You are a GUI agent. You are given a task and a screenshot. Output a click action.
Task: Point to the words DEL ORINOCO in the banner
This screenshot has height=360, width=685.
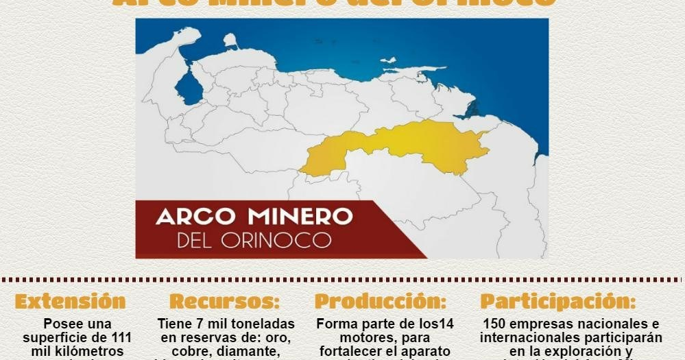pyautogui.click(x=254, y=241)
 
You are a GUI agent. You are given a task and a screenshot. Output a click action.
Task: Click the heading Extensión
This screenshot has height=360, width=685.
pyautogui.click(x=70, y=302)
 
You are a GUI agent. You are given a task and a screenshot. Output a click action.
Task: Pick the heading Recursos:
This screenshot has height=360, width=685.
pyautogui.click(x=224, y=302)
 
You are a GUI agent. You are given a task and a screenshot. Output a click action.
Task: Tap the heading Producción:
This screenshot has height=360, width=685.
pyautogui.click(x=381, y=302)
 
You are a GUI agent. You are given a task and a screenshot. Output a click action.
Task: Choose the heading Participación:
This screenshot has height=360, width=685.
pyautogui.click(x=557, y=302)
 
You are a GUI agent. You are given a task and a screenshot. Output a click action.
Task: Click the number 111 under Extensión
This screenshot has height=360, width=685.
pyautogui.click(x=118, y=337)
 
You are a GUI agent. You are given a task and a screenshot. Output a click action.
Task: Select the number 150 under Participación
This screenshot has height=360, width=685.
pyautogui.click(x=496, y=324)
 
